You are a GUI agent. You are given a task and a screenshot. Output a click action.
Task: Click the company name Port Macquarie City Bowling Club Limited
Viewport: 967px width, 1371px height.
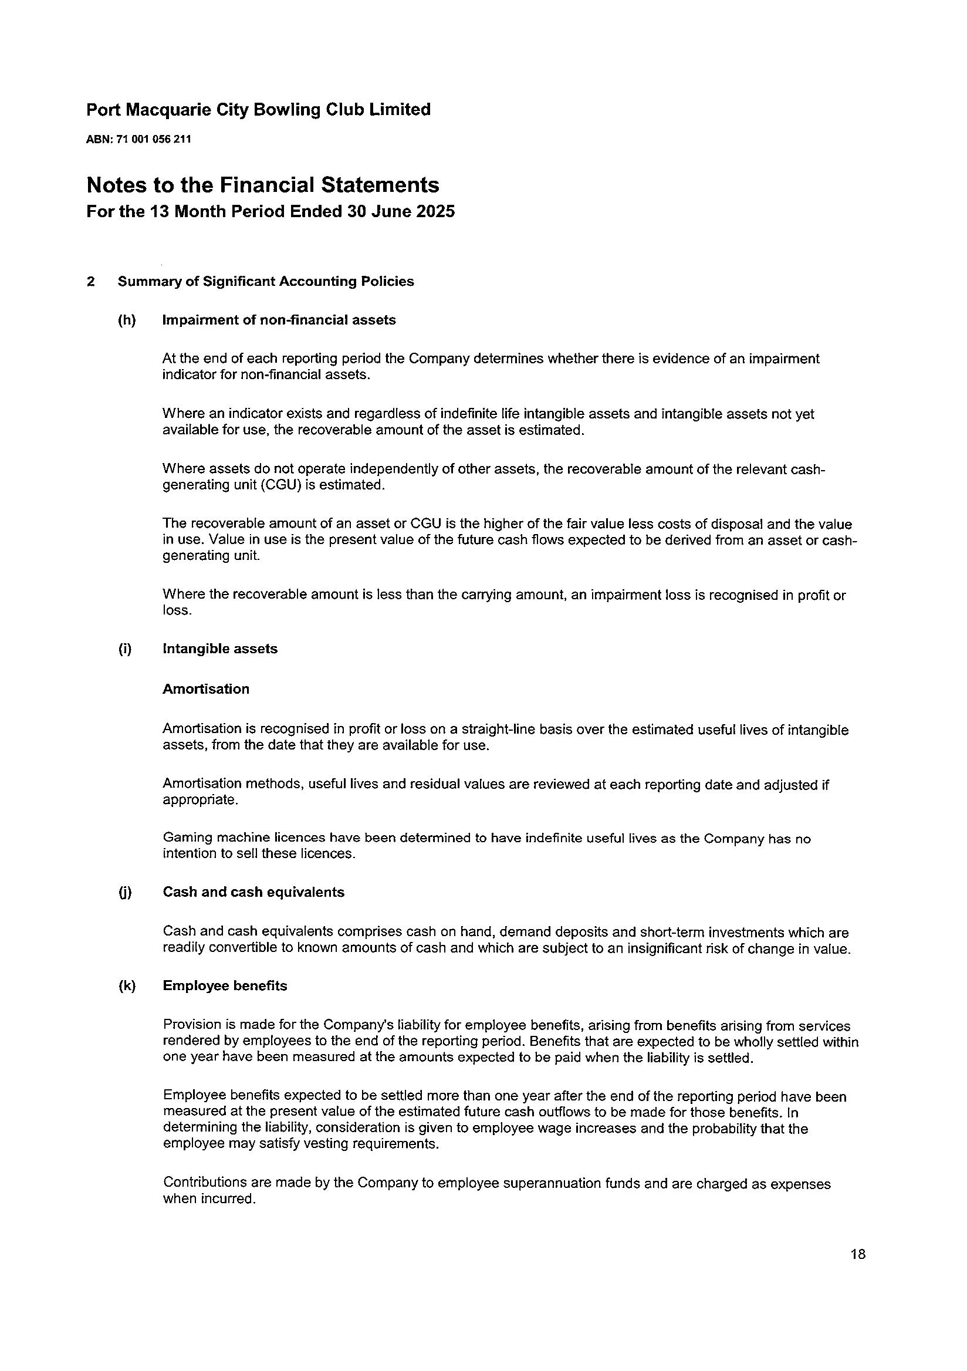pos(258,110)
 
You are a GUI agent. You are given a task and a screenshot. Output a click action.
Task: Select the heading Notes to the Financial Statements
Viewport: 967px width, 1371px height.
pos(263,185)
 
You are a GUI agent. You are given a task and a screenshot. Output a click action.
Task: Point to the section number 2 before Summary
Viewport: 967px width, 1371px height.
pos(90,281)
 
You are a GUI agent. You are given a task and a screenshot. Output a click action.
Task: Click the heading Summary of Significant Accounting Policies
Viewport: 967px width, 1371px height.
pos(265,281)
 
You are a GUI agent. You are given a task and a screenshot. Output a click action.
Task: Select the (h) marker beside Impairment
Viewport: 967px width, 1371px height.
pos(127,320)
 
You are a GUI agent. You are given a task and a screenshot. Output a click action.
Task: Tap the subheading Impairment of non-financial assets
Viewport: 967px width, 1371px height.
pos(279,320)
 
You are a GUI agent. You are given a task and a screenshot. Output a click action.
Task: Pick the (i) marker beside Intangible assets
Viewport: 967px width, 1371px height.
pos(125,649)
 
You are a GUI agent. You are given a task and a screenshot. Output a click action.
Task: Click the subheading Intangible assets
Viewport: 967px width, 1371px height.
pos(219,649)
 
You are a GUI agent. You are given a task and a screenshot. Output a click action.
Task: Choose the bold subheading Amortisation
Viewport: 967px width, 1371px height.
pos(205,689)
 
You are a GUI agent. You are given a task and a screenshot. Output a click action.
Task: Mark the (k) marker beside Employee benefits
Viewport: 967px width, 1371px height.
pos(127,986)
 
